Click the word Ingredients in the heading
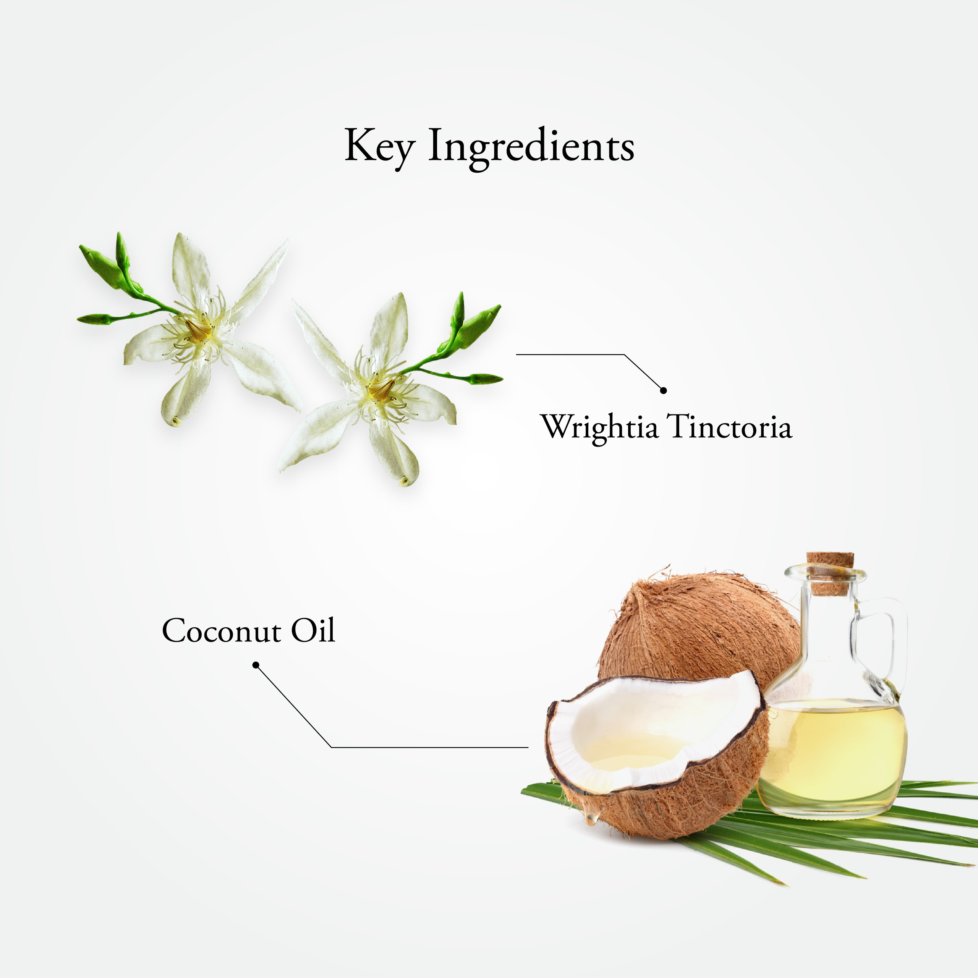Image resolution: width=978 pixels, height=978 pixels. click(x=531, y=148)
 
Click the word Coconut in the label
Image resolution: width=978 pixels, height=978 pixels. click(x=222, y=631)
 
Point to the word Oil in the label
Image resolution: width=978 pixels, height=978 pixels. click(x=313, y=630)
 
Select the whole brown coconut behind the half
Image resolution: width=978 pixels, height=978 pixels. click(x=699, y=630)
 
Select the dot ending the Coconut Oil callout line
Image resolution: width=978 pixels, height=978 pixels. click(x=256, y=665)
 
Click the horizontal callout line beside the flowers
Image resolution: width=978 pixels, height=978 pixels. click(x=570, y=355)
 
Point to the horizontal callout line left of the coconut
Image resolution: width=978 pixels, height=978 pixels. click(x=430, y=746)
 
